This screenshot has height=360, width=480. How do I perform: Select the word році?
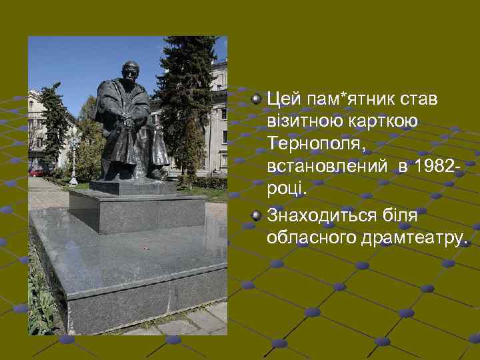[285, 187]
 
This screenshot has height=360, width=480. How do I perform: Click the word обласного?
[309, 237]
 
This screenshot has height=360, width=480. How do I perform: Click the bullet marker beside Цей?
[257, 99]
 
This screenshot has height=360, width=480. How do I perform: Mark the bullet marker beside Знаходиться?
[257, 215]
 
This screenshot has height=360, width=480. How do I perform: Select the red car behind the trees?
[37, 171]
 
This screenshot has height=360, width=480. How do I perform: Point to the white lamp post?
[73, 160]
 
